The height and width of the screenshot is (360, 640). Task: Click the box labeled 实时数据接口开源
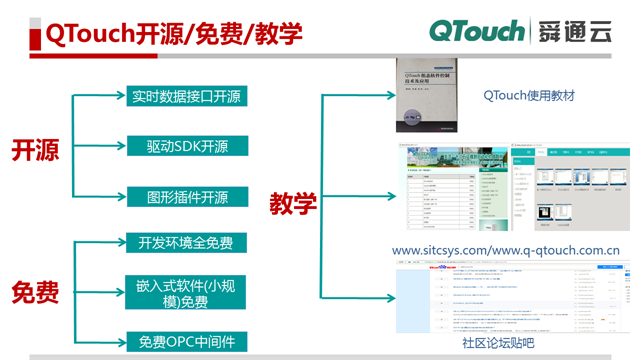pyautogui.click(x=187, y=97)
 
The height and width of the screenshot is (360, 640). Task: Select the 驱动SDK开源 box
pyautogui.click(x=187, y=146)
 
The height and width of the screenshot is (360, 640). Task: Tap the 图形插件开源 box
pyautogui.click(x=187, y=197)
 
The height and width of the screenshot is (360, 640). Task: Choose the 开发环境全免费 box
pyautogui.click(x=187, y=243)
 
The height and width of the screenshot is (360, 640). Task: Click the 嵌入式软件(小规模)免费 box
pyautogui.click(x=187, y=292)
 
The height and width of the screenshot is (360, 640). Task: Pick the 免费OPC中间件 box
pyautogui.click(x=187, y=342)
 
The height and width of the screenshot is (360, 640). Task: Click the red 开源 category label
pyautogui.click(x=35, y=150)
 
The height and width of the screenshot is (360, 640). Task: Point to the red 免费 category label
pyautogui.click(x=35, y=293)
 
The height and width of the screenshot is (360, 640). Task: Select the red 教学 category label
pyautogui.click(x=293, y=204)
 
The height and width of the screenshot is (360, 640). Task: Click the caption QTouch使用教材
pyautogui.click(x=529, y=96)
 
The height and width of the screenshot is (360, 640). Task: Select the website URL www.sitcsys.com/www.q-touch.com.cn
pyautogui.click(x=505, y=250)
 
